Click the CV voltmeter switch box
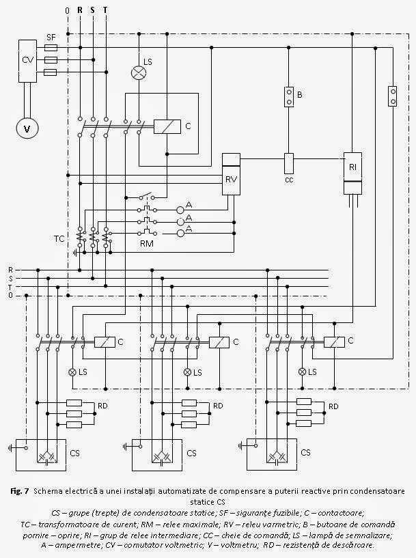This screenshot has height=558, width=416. pos(28,60)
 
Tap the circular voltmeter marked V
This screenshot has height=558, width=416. pos(27,128)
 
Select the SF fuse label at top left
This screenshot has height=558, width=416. pos(51,37)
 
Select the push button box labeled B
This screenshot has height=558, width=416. pos(289,96)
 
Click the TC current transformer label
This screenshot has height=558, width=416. pos(61,240)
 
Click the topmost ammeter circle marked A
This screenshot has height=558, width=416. pos(181,209)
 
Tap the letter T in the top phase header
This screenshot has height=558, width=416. pos(105,11)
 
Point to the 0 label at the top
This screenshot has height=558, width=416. pos(66,11)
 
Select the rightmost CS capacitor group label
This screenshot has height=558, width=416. pos(305,452)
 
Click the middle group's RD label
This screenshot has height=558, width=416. pos(219,406)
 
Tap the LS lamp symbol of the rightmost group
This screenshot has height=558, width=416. pos(303,372)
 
